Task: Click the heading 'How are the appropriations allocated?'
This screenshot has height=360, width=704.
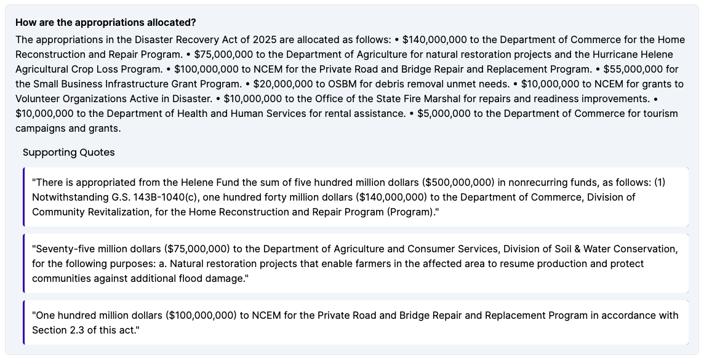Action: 105,23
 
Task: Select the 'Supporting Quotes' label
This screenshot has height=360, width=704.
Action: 68,152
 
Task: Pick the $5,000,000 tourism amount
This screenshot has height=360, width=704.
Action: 444,113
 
